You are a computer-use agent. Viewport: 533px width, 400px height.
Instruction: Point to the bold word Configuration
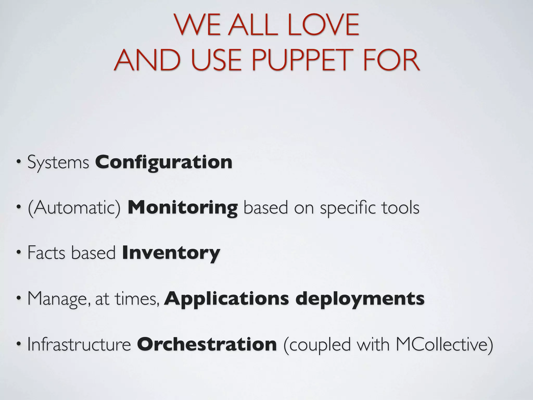tap(164, 162)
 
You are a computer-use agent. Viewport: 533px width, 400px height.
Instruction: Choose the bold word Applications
tap(226, 299)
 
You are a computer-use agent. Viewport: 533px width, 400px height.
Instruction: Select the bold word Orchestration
tap(207, 344)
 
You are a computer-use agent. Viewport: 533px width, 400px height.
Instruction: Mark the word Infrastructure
tap(79, 344)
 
